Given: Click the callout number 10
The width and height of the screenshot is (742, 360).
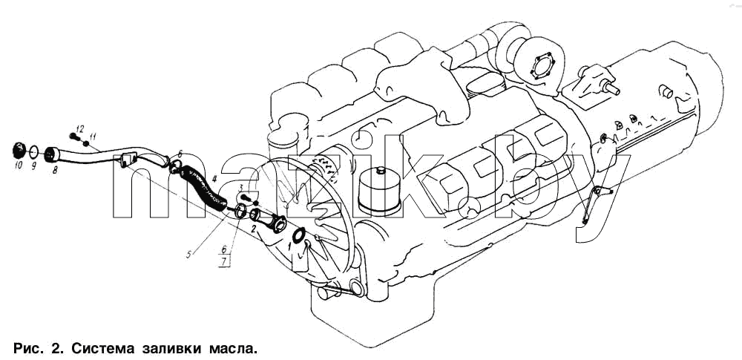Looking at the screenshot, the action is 19,166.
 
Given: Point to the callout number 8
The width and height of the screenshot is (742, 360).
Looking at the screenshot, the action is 55,169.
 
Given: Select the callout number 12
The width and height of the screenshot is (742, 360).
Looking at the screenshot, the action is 79,129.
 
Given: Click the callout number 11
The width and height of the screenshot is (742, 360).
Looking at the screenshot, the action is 92,137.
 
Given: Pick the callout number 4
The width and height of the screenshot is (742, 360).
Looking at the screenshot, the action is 214,179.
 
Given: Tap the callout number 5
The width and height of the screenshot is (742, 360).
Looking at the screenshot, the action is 188,255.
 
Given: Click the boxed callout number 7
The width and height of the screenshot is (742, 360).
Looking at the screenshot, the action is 224,262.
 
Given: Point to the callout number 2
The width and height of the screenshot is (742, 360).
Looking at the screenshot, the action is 254,229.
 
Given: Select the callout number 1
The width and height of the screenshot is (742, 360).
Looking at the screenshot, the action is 289,246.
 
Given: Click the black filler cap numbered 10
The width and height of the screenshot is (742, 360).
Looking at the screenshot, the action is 19,151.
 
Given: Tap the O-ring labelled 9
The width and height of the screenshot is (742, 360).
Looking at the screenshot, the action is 33,152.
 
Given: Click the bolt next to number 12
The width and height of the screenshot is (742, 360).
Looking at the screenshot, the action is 73,137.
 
